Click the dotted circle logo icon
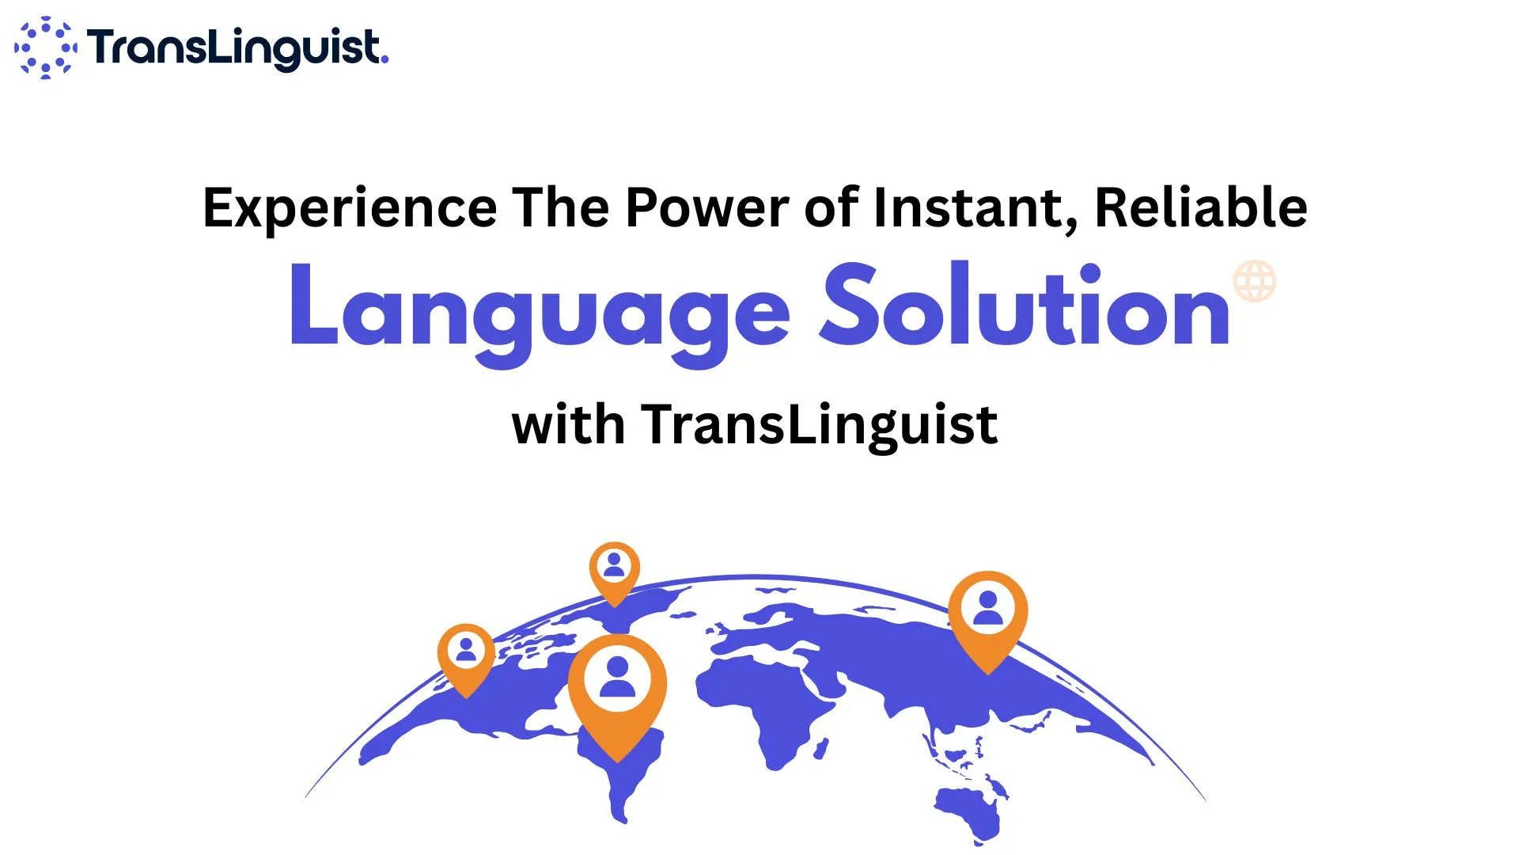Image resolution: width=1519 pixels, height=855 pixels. tap(45, 47)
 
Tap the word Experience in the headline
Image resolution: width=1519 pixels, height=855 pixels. tap(350, 208)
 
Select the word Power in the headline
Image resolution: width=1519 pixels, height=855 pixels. tap(707, 207)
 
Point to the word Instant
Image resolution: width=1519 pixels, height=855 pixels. tap(975, 209)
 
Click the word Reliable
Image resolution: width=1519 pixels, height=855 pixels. tap(1201, 207)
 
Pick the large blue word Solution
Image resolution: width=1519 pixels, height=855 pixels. tap(1025, 305)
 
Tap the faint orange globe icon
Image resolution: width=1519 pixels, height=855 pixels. tap(1255, 281)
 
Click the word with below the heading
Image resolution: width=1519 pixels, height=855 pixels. tap(569, 425)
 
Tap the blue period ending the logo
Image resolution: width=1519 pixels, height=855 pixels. tap(384, 59)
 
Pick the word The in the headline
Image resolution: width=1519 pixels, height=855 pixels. tap(561, 207)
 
